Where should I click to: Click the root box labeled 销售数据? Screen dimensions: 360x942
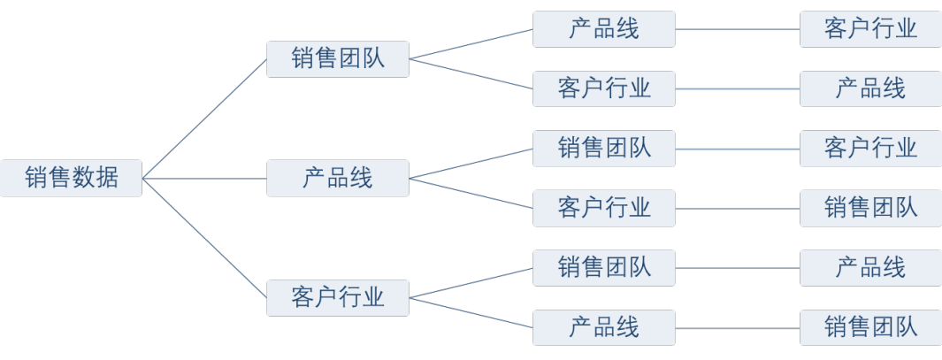tap(71, 178)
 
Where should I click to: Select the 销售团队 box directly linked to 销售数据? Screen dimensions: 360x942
tap(338, 59)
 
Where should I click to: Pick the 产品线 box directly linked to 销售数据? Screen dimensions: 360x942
tap(338, 178)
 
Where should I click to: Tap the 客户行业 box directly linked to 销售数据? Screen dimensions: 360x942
tap(338, 296)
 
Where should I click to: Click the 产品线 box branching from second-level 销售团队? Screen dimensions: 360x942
tap(604, 29)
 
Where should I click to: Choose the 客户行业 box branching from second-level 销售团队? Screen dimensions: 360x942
tap(604, 88)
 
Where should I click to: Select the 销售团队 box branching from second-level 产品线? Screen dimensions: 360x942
tap(604, 148)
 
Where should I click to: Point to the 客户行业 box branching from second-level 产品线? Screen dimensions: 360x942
tap(604, 207)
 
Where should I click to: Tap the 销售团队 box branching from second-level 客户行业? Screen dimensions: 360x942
tap(604, 266)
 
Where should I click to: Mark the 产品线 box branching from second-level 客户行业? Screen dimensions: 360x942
tap(604, 326)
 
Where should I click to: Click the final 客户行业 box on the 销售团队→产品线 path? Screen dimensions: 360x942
tap(870, 29)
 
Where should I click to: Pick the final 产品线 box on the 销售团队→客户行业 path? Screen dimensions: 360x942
tap(870, 88)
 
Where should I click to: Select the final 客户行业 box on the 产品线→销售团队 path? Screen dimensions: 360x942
tap(870, 148)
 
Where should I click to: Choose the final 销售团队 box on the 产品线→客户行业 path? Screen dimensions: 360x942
tap(870, 207)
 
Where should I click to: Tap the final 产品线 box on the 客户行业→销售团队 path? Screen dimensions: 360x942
tap(870, 266)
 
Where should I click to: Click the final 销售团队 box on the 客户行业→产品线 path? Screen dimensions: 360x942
tap(870, 326)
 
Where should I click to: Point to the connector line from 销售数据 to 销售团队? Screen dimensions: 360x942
tap(204, 119)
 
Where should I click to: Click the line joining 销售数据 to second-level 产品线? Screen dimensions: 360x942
tap(204, 179)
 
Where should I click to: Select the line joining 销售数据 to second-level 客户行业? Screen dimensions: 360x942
tap(204, 237)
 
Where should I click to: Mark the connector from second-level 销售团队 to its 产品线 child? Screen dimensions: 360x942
tap(471, 44)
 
